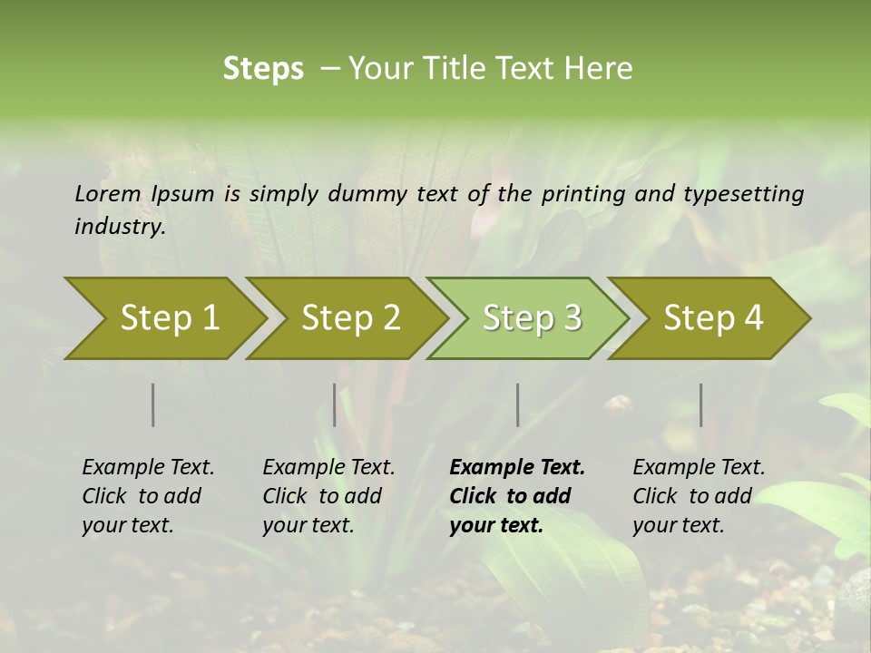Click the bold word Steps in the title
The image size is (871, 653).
tap(263, 69)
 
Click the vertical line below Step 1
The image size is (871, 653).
tap(153, 404)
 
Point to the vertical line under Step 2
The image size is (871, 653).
tap(335, 404)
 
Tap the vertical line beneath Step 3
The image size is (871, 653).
tap(517, 404)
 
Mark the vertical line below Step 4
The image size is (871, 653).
tap(700, 404)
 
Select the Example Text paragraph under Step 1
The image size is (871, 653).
tap(148, 496)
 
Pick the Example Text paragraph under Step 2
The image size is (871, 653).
tap(328, 496)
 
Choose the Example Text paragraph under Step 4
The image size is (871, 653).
tap(699, 496)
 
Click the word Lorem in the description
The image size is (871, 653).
tap(107, 194)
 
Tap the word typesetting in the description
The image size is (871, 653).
tap(743, 194)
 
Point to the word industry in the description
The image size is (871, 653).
tap(119, 227)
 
